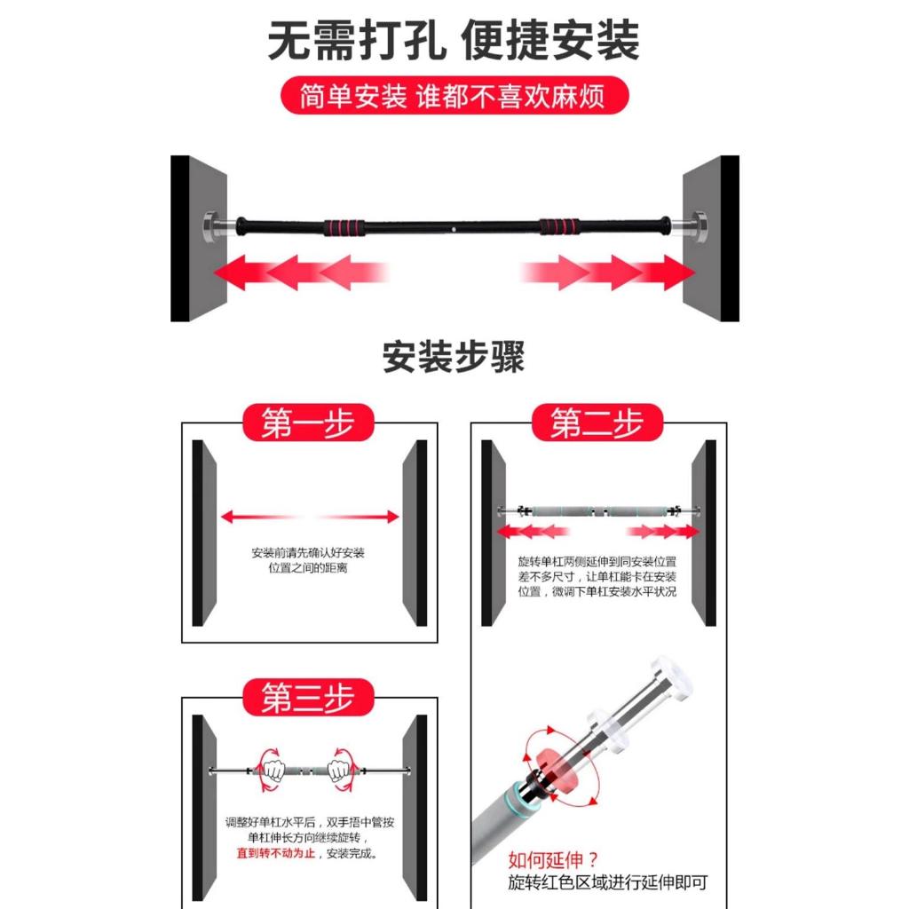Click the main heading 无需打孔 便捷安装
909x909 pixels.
point(454,40)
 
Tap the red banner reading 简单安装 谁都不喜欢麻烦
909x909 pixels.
point(454,95)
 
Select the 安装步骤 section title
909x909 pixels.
point(454,357)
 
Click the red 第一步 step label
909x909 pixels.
point(308,423)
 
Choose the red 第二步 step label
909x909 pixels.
point(597,423)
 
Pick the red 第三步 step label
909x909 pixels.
point(308,698)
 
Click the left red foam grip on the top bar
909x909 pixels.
point(344,226)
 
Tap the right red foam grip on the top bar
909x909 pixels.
point(559,226)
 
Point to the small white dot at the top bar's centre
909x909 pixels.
point(454,230)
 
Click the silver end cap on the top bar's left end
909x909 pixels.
point(212,226)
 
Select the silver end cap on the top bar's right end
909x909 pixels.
point(696,225)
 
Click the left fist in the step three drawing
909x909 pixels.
point(273,771)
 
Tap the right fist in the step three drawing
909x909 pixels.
point(338,771)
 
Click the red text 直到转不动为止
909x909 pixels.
point(276,853)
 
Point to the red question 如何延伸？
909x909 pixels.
point(553,859)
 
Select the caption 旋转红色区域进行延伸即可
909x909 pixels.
point(607,882)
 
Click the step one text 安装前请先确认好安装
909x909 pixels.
point(308,552)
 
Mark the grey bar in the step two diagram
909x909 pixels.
point(597,511)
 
